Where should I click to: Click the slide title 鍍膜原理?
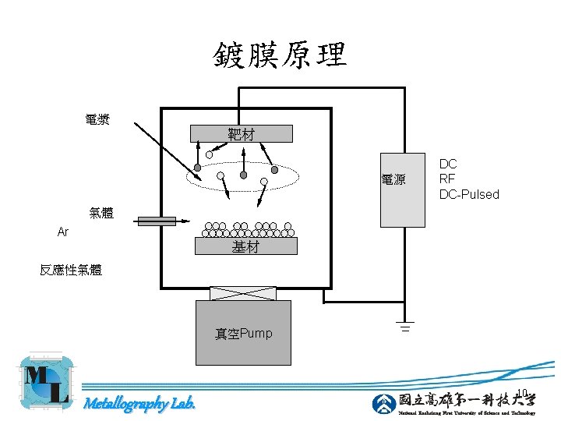(280, 55)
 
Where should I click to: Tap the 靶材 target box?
(242, 134)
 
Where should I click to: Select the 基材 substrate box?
(245, 247)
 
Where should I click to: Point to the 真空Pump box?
(244, 333)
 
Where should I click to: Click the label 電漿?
(97, 119)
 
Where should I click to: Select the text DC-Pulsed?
(469, 194)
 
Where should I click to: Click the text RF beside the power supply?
(447, 179)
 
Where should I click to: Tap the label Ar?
(63, 232)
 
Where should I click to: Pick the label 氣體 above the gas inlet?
(101, 213)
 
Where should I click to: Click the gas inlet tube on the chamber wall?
(156, 222)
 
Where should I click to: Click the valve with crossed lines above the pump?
(243, 294)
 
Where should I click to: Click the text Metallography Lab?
(139, 403)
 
